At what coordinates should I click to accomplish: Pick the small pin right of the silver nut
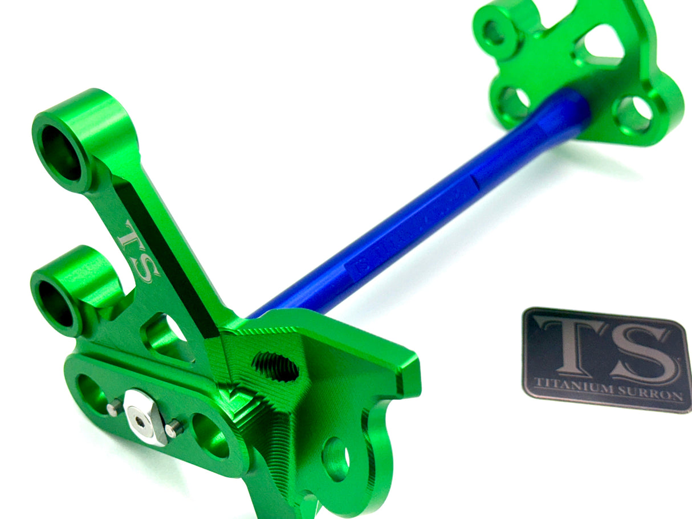(x=174, y=428)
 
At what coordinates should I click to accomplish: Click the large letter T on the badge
(x=570, y=348)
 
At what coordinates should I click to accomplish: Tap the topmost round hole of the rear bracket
(x=495, y=32)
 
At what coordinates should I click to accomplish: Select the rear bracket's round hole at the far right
(x=634, y=114)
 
